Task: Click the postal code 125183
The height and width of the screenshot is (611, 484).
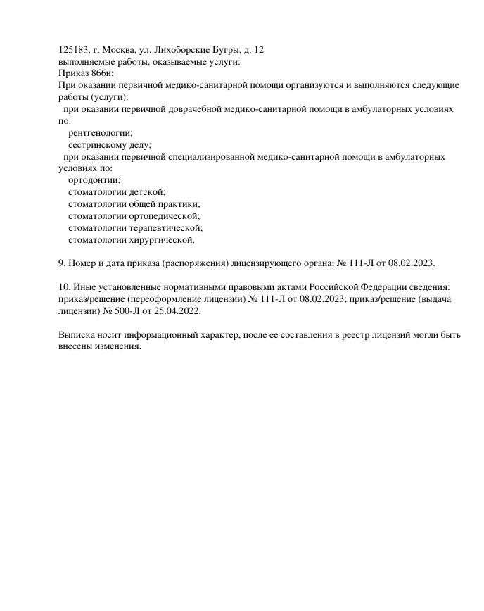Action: coord(73,49)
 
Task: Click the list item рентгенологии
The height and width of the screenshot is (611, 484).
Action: coord(101,132)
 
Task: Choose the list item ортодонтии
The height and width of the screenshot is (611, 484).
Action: coord(94,180)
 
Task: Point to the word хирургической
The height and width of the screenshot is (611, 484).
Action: coord(161,240)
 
